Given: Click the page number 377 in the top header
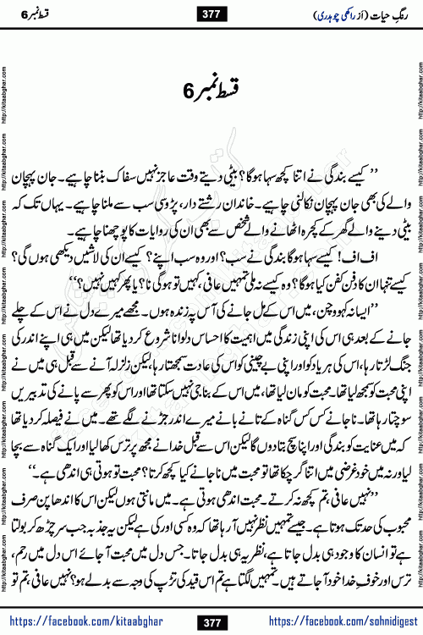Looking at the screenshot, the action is [212, 11].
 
